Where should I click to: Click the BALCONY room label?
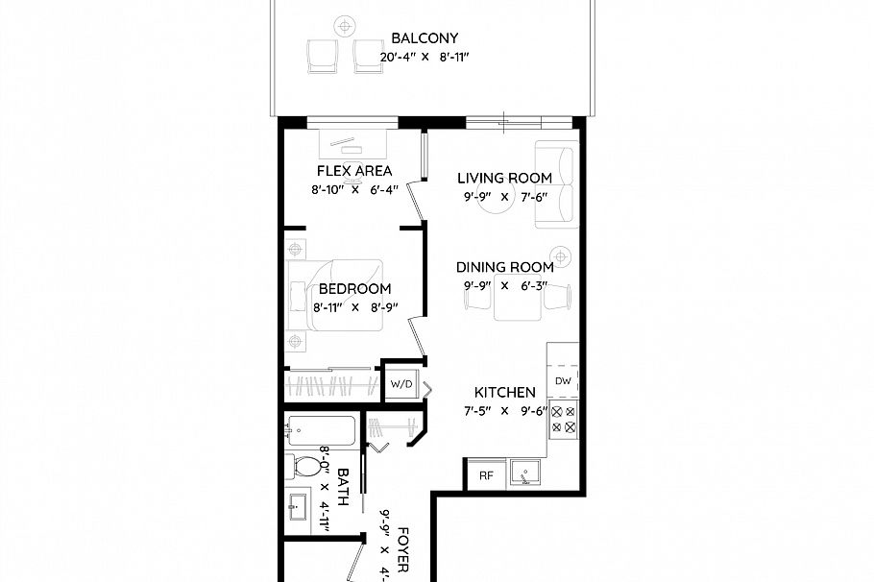coord(425,39)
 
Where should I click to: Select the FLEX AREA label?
coord(354,171)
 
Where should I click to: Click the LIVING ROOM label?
coord(504,178)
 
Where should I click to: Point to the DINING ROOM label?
coord(504,267)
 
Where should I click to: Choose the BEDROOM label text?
coord(354,289)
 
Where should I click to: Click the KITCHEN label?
coord(504,393)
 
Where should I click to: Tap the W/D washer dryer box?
coord(401,384)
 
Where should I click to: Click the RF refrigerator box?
coord(485,473)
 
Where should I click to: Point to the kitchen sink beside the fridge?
coord(524,473)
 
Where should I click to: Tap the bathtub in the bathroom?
coord(321,431)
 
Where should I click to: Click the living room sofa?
coord(556,185)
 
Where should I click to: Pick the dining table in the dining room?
coord(518,302)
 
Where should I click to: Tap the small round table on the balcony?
coord(344,25)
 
